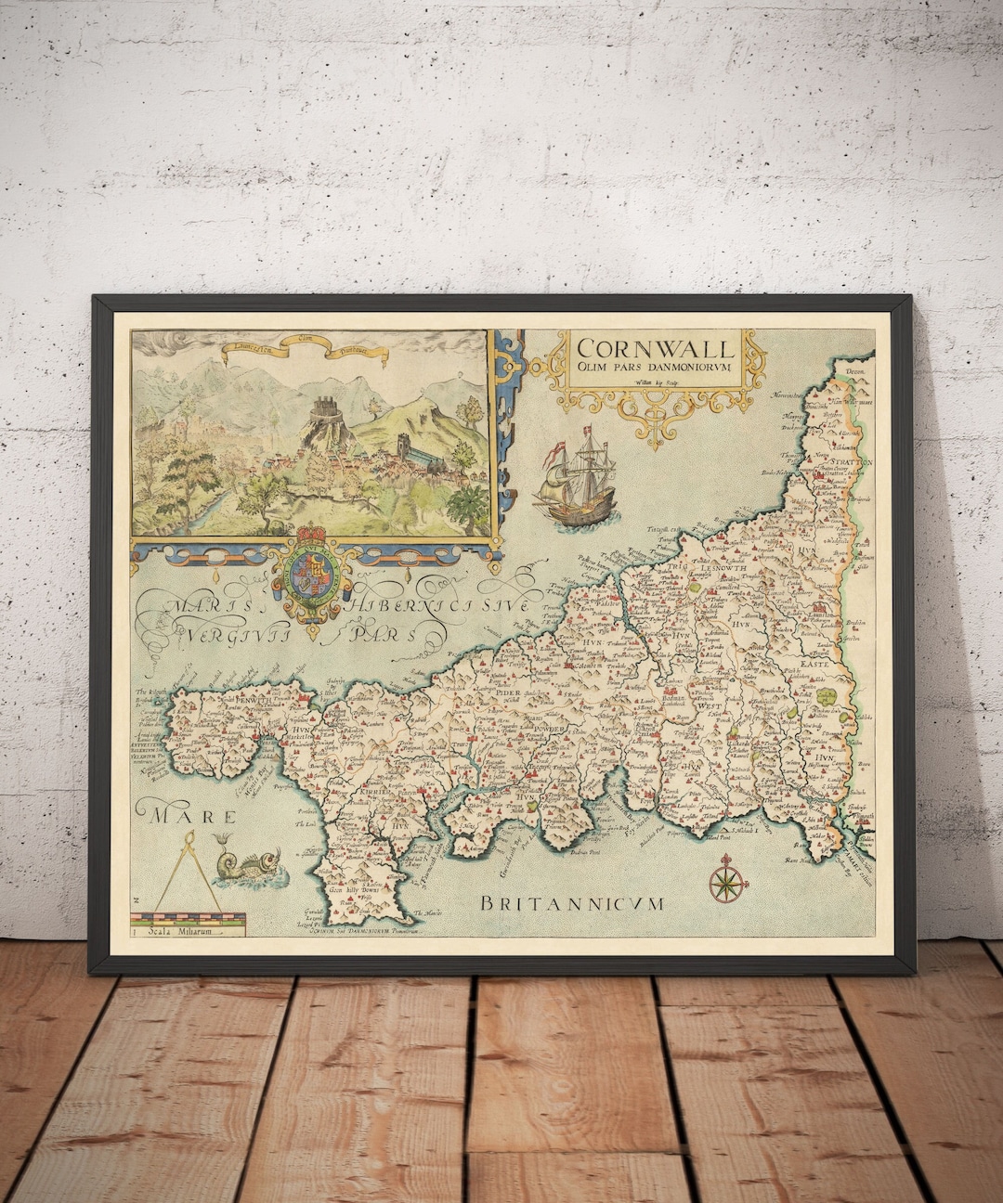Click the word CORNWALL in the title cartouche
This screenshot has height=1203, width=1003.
655,349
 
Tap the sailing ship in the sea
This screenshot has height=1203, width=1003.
576,483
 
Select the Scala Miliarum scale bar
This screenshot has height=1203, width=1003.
187,925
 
